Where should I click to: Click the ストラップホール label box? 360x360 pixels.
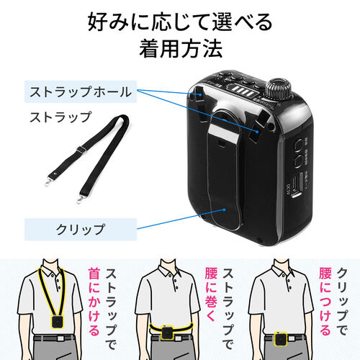tap(80, 91)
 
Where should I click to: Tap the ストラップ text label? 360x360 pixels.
tap(60, 116)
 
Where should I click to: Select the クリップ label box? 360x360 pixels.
tap(80, 230)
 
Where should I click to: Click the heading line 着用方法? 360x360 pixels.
tap(180, 51)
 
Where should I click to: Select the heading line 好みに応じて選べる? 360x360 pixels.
tap(180, 22)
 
